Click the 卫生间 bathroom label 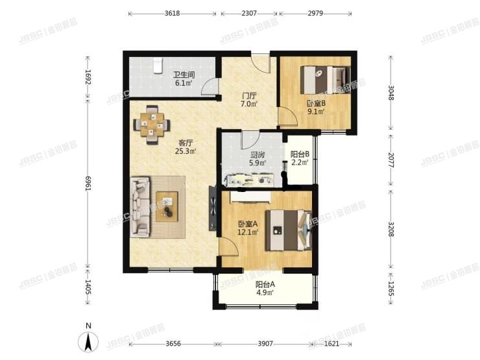[x=181, y=78]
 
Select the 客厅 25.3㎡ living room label [x=186, y=147]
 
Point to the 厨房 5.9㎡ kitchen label [x=258, y=159]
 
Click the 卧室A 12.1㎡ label [x=248, y=228]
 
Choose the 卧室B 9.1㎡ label [x=316, y=107]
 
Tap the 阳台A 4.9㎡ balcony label [x=264, y=289]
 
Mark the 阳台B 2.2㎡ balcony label [x=299, y=158]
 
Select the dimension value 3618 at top [x=173, y=13]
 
